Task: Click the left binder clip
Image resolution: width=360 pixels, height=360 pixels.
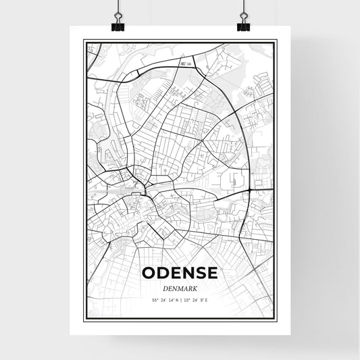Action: coord(118,24)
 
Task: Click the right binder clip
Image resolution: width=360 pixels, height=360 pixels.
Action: coord(243,24)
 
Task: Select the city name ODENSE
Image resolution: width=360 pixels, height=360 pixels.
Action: coord(180,273)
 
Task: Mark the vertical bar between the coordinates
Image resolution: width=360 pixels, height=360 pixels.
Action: coord(180,299)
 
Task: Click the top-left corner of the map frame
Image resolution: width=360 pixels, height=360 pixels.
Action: coord(84,41)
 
